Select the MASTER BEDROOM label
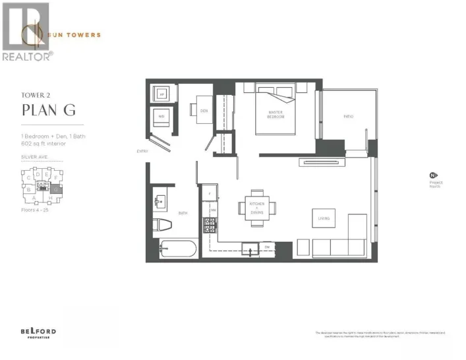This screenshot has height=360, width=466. [276, 115]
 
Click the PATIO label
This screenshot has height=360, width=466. [349, 116]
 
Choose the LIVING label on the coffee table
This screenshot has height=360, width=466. [323, 218]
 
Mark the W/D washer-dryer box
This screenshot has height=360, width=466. [161, 119]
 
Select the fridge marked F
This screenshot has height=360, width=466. [210, 194]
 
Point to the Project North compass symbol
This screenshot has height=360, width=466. [433, 175]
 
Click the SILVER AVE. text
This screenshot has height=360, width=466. [34, 158]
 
